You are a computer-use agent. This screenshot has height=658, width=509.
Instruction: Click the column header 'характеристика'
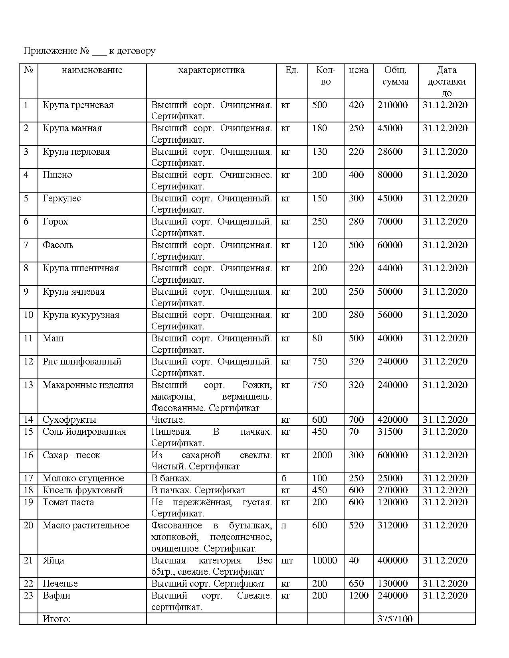tap(211, 70)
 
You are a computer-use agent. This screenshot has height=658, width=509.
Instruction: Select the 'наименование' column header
tap(92, 70)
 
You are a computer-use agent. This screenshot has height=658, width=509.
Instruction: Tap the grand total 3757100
tap(395, 619)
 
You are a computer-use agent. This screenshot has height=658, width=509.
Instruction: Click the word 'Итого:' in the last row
tap(56, 619)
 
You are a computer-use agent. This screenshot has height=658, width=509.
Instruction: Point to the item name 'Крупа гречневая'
tap(78, 105)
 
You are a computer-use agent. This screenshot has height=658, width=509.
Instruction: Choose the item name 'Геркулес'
tap(61, 199)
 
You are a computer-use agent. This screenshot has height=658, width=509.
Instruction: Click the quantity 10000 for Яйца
tap(324, 561)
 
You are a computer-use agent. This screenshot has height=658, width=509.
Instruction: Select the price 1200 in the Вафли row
tap(358, 596)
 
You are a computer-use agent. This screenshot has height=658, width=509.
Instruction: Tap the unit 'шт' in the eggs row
tap(287, 561)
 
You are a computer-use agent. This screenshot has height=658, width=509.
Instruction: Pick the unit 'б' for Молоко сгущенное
tap(284, 479)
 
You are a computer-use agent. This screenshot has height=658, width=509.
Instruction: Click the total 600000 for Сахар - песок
tap(392, 455)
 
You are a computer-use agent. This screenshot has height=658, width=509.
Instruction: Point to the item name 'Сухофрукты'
tap(69, 420)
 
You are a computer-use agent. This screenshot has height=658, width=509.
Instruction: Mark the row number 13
tap(28, 385)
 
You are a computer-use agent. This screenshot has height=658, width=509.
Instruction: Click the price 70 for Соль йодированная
tap(354, 432)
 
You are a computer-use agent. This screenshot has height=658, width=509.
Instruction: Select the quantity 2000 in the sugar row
tap(322, 455)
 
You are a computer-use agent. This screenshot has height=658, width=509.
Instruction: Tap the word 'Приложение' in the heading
tap(50, 51)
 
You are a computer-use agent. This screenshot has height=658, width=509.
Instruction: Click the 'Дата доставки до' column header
tap(446, 81)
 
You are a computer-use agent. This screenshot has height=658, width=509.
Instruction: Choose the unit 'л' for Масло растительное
tap(284, 526)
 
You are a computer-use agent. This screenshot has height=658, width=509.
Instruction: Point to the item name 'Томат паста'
tap(68, 502)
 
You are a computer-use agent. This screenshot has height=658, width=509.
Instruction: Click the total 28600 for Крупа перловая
tap(390, 152)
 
